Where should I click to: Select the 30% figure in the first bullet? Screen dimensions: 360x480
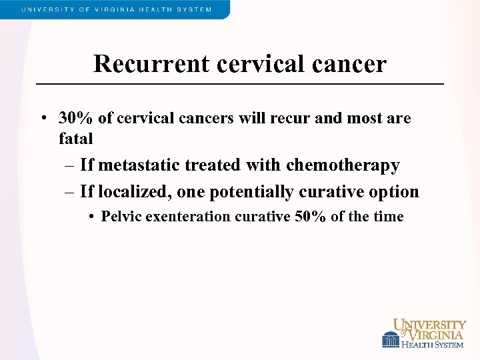76,119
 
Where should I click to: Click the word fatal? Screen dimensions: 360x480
75,139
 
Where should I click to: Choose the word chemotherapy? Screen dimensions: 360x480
343,165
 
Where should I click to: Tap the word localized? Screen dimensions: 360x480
135,192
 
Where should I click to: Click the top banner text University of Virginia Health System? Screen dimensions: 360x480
116,9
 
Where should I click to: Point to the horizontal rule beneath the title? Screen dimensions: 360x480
239,84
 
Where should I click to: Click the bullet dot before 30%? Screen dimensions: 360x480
42,119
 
